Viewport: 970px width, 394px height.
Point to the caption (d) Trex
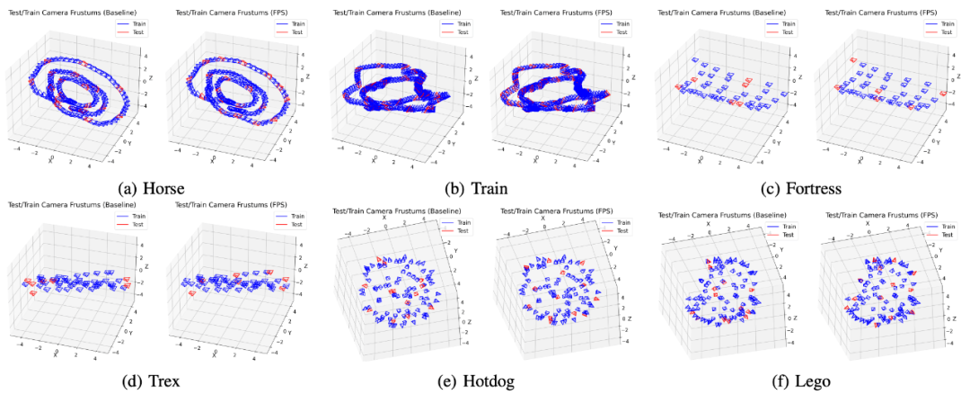(x=151, y=381)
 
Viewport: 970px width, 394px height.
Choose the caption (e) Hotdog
(x=476, y=381)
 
